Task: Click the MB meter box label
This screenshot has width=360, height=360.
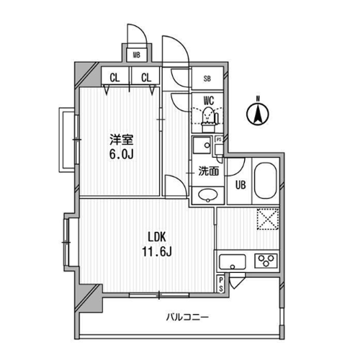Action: pos(137,55)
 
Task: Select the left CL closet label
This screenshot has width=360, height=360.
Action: pos(114,78)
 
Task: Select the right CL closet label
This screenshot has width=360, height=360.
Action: pos(146,78)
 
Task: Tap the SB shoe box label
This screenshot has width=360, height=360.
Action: pos(207,78)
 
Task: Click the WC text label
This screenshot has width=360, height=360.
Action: pos(209,101)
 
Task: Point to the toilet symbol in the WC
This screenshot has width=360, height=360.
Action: pos(209,120)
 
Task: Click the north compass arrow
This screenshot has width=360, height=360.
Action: pos(258,114)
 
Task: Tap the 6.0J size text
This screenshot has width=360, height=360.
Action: pos(122,155)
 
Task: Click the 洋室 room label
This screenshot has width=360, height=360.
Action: pos(122,140)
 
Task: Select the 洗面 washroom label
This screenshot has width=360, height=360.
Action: pos(209,171)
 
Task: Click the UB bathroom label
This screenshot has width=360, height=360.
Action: pos(240,185)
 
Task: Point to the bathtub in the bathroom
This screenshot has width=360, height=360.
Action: pos(266,181)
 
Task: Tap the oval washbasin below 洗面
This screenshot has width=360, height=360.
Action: pos(208,195)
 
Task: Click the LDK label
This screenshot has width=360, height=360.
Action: pos(157,237)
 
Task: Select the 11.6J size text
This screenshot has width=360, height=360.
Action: pos(157,252)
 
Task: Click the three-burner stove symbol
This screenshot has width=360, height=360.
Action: pos(266,261)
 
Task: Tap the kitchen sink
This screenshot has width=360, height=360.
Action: pos(233,262)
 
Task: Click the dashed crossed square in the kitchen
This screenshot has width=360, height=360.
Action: pos(268,219)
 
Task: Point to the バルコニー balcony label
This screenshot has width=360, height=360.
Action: pos(188,318)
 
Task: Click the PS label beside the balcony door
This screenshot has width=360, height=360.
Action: pos(221,284)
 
